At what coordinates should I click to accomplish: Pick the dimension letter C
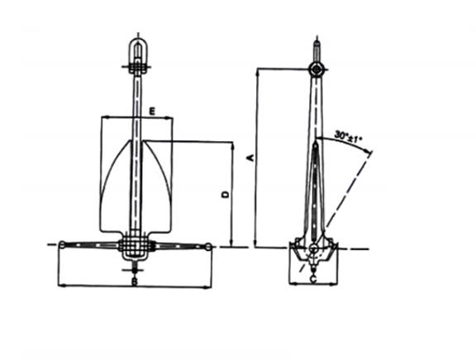pyautogui.click(x=312, y=279)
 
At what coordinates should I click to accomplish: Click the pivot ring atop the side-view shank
pyautogui.click(x=315, y=68)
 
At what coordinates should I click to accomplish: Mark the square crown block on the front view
pyautogui.click(x=136, y=245)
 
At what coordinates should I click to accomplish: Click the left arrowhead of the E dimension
pyautogui.click(x=103, y=117)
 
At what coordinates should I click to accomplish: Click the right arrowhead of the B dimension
pyautogui.click(x=210, y=287)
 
